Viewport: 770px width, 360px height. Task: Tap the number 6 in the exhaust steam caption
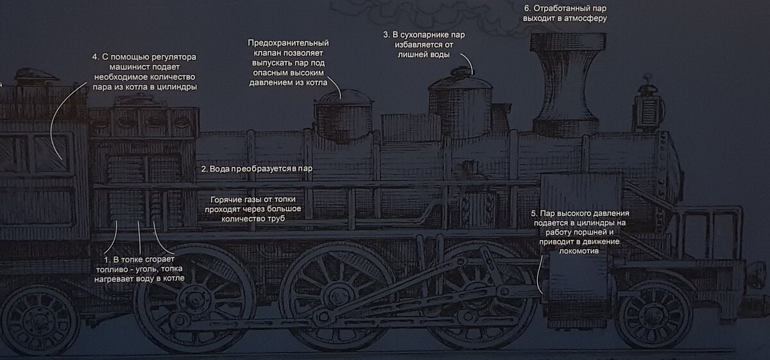[x=527, y=8]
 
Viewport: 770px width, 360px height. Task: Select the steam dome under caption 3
[x=459, y=106]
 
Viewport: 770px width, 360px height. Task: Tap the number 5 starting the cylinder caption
[x=534, y=213]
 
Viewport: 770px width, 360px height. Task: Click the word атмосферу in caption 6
[x=586, y=19]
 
